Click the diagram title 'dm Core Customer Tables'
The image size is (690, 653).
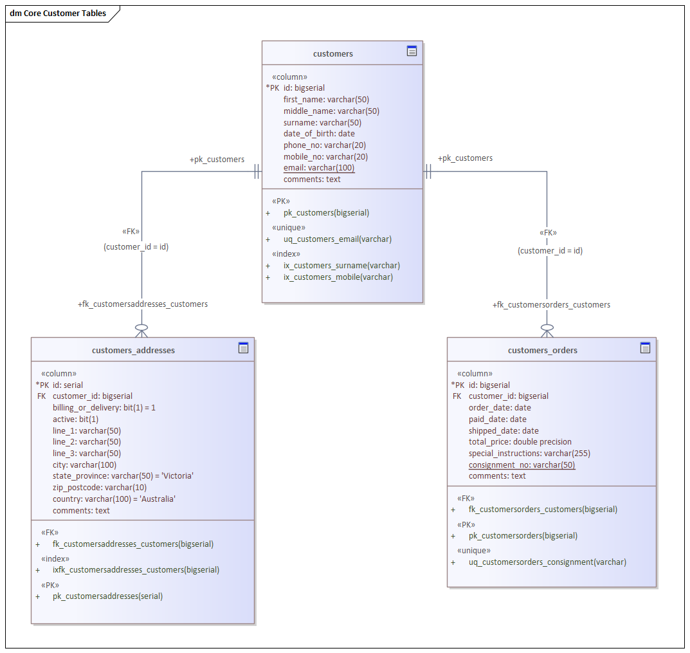[x=58, y=14]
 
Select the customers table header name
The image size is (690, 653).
[x=332, y=54]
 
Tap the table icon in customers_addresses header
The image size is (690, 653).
[x=243, y=348]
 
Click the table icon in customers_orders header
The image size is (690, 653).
[x=645, y=348]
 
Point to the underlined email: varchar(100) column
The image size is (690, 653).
[x=319, y=168]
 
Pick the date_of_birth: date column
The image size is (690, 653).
[x=319, y=134]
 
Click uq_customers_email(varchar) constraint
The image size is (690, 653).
[x=337, y=239]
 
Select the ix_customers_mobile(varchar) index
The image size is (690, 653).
[x=338, y=277]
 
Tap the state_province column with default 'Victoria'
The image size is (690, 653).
[x=123, y=476]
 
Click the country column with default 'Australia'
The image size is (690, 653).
[x=114, y=499]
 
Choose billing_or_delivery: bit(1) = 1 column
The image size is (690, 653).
[x=104, y=408]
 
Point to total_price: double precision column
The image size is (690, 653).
[x=520, y=442]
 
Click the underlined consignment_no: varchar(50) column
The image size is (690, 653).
[x=522, y=465]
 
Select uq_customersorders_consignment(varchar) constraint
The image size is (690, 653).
[x=547, y=562]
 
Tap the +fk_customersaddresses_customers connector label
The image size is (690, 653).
[x=143, y=304]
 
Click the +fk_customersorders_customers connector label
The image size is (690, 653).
[x=551, y=305]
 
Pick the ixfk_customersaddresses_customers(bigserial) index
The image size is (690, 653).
[x=136, y=570]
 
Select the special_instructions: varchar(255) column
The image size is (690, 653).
[x=529, y=454]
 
